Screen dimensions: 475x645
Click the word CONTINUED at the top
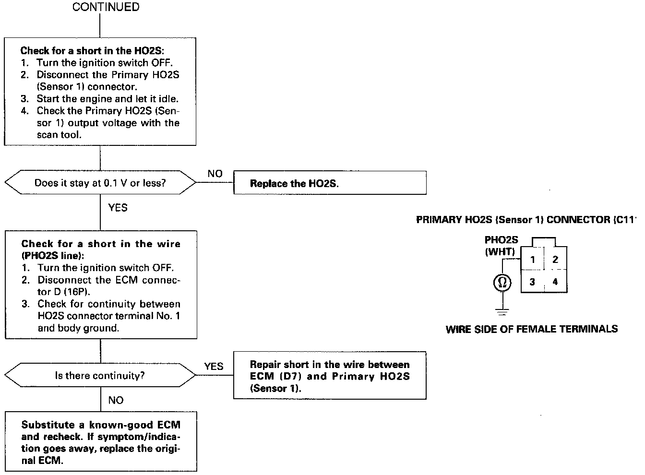pos(106,7)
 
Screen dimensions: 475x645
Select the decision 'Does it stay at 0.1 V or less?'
pos(100,183)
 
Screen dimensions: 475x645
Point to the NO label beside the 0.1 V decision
pos(215,174)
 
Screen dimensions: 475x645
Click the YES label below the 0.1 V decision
pos(118,207)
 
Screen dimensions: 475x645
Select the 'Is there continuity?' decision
pos(100,375)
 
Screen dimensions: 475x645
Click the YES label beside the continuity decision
pos(214,366)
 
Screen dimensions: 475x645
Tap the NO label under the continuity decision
pos(116,400)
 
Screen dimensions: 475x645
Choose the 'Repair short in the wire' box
pos(330,376)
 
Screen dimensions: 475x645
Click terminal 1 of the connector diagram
pos(532,260)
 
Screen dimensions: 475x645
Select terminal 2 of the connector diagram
pos(555,260)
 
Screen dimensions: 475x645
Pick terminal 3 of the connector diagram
pos(532,282)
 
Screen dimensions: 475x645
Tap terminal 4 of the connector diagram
pos(555,282)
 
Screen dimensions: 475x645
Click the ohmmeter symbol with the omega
pos(502,283)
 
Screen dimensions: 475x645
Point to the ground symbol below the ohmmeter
pos(502,312)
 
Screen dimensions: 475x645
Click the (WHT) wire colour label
pos(500,251)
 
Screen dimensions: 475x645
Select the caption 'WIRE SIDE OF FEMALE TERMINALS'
pos(532,329)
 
